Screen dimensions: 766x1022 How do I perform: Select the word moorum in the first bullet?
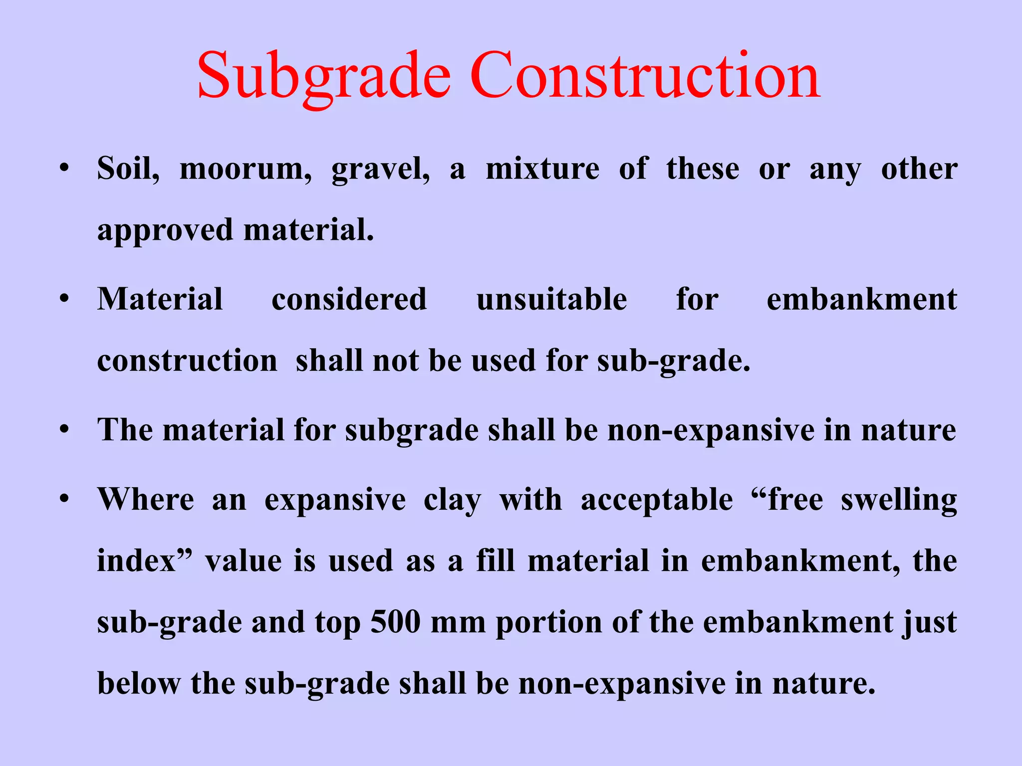pos(245,169)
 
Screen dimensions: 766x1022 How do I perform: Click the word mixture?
pos(542,169)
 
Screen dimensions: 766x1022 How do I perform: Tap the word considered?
pos(349,299)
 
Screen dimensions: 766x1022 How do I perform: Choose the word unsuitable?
pos(551,299)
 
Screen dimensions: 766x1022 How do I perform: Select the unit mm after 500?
pos(458,623)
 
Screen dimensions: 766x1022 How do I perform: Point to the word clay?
pos(452,500)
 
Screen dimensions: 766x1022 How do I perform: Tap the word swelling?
pos(899,500)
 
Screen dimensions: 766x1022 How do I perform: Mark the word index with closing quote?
pos(144,561)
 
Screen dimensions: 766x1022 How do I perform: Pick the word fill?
pos(495,561)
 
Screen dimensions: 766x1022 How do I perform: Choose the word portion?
pos(548,623)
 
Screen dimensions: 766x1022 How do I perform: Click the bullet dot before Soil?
pos(64,169)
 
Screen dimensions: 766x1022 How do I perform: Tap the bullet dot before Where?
pos(64,499)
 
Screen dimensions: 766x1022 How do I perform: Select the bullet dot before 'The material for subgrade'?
pos(64,429)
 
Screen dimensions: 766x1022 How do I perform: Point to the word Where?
pos(146,499)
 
